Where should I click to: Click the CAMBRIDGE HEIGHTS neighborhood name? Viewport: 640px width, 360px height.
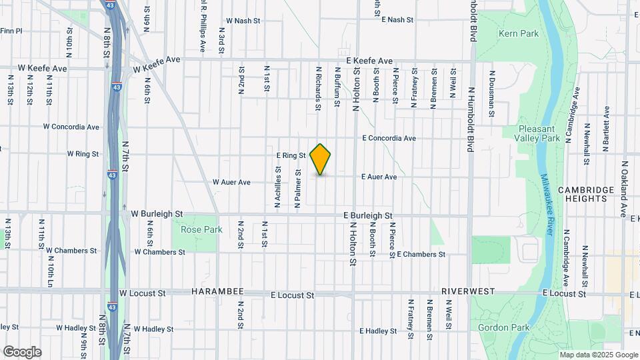click(585, 194)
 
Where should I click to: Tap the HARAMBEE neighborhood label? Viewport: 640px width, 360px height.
click(215, 293)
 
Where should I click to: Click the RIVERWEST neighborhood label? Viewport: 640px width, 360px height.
click(467, 292)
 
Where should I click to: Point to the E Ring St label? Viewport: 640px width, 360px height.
click(291, 155)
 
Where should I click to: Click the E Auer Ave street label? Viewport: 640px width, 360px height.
click(379, 177)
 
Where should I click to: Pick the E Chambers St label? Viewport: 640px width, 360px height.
click(421, 255)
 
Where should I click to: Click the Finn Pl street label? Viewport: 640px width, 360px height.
click(11, 31)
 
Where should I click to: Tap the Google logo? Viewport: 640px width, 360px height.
click(22, 351)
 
